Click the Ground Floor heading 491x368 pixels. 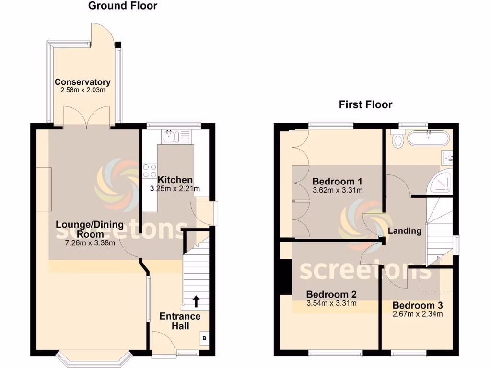pyautogui.click(x=123, y=6)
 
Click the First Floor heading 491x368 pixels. pyautogui.click(x=365, y=104)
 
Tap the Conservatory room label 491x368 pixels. pyautogui.click(x=82, y=82)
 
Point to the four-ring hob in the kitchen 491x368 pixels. pyautogui.click(x=150, y=171)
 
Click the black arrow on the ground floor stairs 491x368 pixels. pyautogui.click(x=196, y=300)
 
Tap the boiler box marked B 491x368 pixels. pyautogui.click(x=205, y=339)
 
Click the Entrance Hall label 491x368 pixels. pyautogui.click(x=180, y=321)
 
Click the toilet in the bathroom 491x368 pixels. pyautogui.click(x=397, y=140)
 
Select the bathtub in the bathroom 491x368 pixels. pyautogui.click(x=428, y=139)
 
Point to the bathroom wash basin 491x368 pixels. pyautogui.click(x=448, y=156)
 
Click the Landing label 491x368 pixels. pyautogui.click(x=404, y=231)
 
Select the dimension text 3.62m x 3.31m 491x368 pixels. pyautogui.click(x=337, y=190)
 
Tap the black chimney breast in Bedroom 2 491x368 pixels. pyautogui.click(x=286, y=276)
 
